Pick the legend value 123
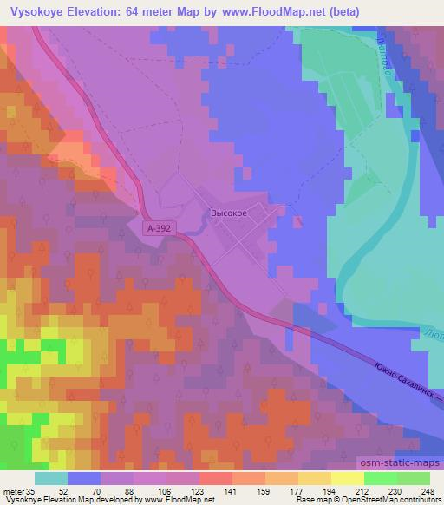[x=200, y=491]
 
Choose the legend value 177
[x=297, y=491]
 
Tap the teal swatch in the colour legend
[x=51, y=478]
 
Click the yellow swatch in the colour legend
[x=347, y=478]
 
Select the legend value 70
[x=101, y=491]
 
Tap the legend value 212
[x=362, y=491]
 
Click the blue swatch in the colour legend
[x=84, y=478]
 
